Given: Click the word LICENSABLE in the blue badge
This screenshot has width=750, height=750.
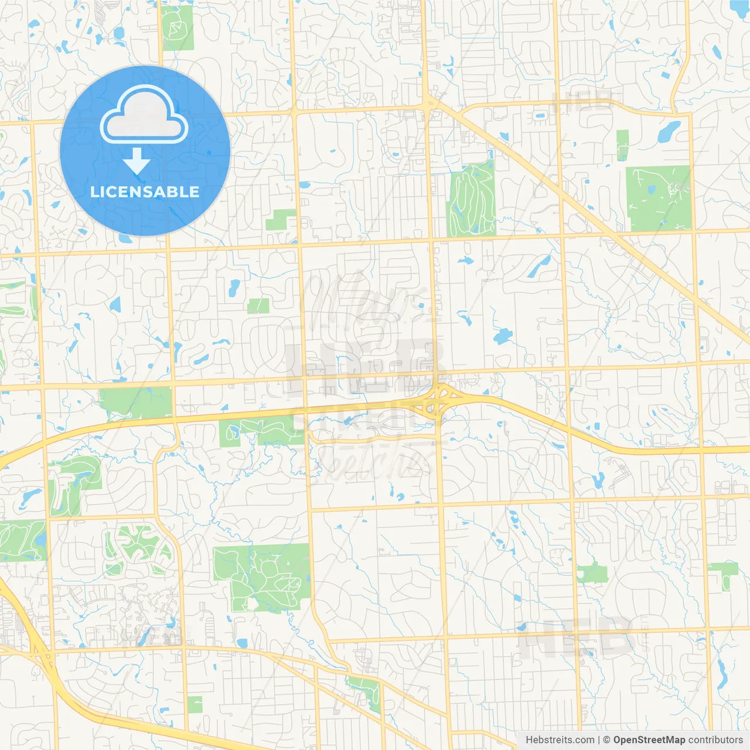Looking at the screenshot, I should point(145,192).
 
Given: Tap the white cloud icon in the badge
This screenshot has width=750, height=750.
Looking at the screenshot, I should point(144,115).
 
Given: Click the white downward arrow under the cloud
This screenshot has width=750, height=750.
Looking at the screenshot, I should point(137,161).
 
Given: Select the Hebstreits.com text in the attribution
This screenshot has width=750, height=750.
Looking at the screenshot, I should point(560,740).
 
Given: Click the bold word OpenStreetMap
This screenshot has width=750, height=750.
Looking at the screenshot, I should point(649,740).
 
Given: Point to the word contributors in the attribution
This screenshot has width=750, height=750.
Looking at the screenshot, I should point(715,740).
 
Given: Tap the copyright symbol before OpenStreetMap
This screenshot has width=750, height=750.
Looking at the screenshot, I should point(606,740).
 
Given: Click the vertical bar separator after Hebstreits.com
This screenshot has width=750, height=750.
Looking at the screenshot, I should point(599,740).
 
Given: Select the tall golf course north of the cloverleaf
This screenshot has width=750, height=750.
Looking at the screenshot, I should point(472,199).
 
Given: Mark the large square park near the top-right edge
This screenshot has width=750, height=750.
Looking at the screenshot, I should point(658,199).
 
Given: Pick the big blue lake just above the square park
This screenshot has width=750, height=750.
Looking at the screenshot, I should point(669,132).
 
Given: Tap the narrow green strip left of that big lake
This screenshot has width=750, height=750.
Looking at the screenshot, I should point(622,145).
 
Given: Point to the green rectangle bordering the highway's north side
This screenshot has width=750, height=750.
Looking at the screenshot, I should point(136,403).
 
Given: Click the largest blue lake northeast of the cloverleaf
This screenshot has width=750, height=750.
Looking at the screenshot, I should point(503,336).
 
